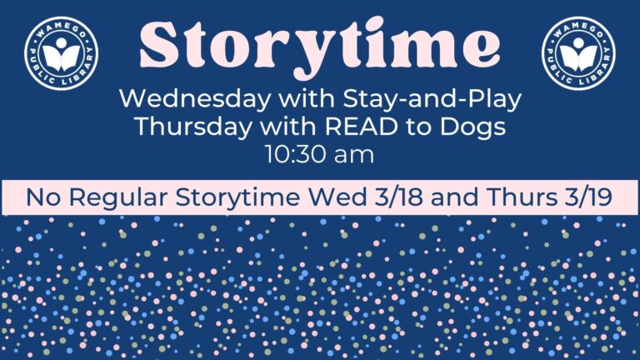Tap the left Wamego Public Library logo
pos(61,52)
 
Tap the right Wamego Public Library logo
pos(578,52)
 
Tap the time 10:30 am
pos(319,154)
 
